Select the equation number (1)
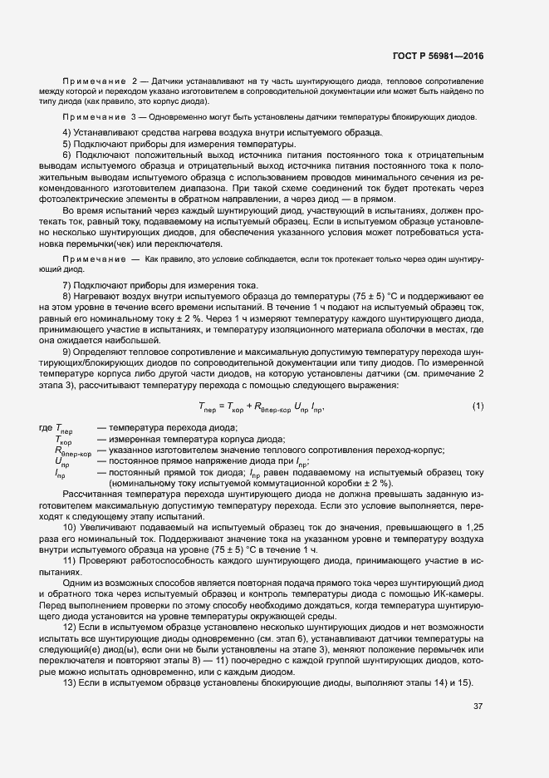click(x=478, y=406)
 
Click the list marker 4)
click(x=68, y=134)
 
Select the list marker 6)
click(x=68, y=155)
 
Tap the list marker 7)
click(x=68, y=285)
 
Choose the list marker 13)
click(x=71, y=682)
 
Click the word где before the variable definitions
click(x=45, y=426)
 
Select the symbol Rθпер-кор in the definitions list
click(x=71, y=451)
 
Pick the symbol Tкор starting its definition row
click(x=63, y=439)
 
